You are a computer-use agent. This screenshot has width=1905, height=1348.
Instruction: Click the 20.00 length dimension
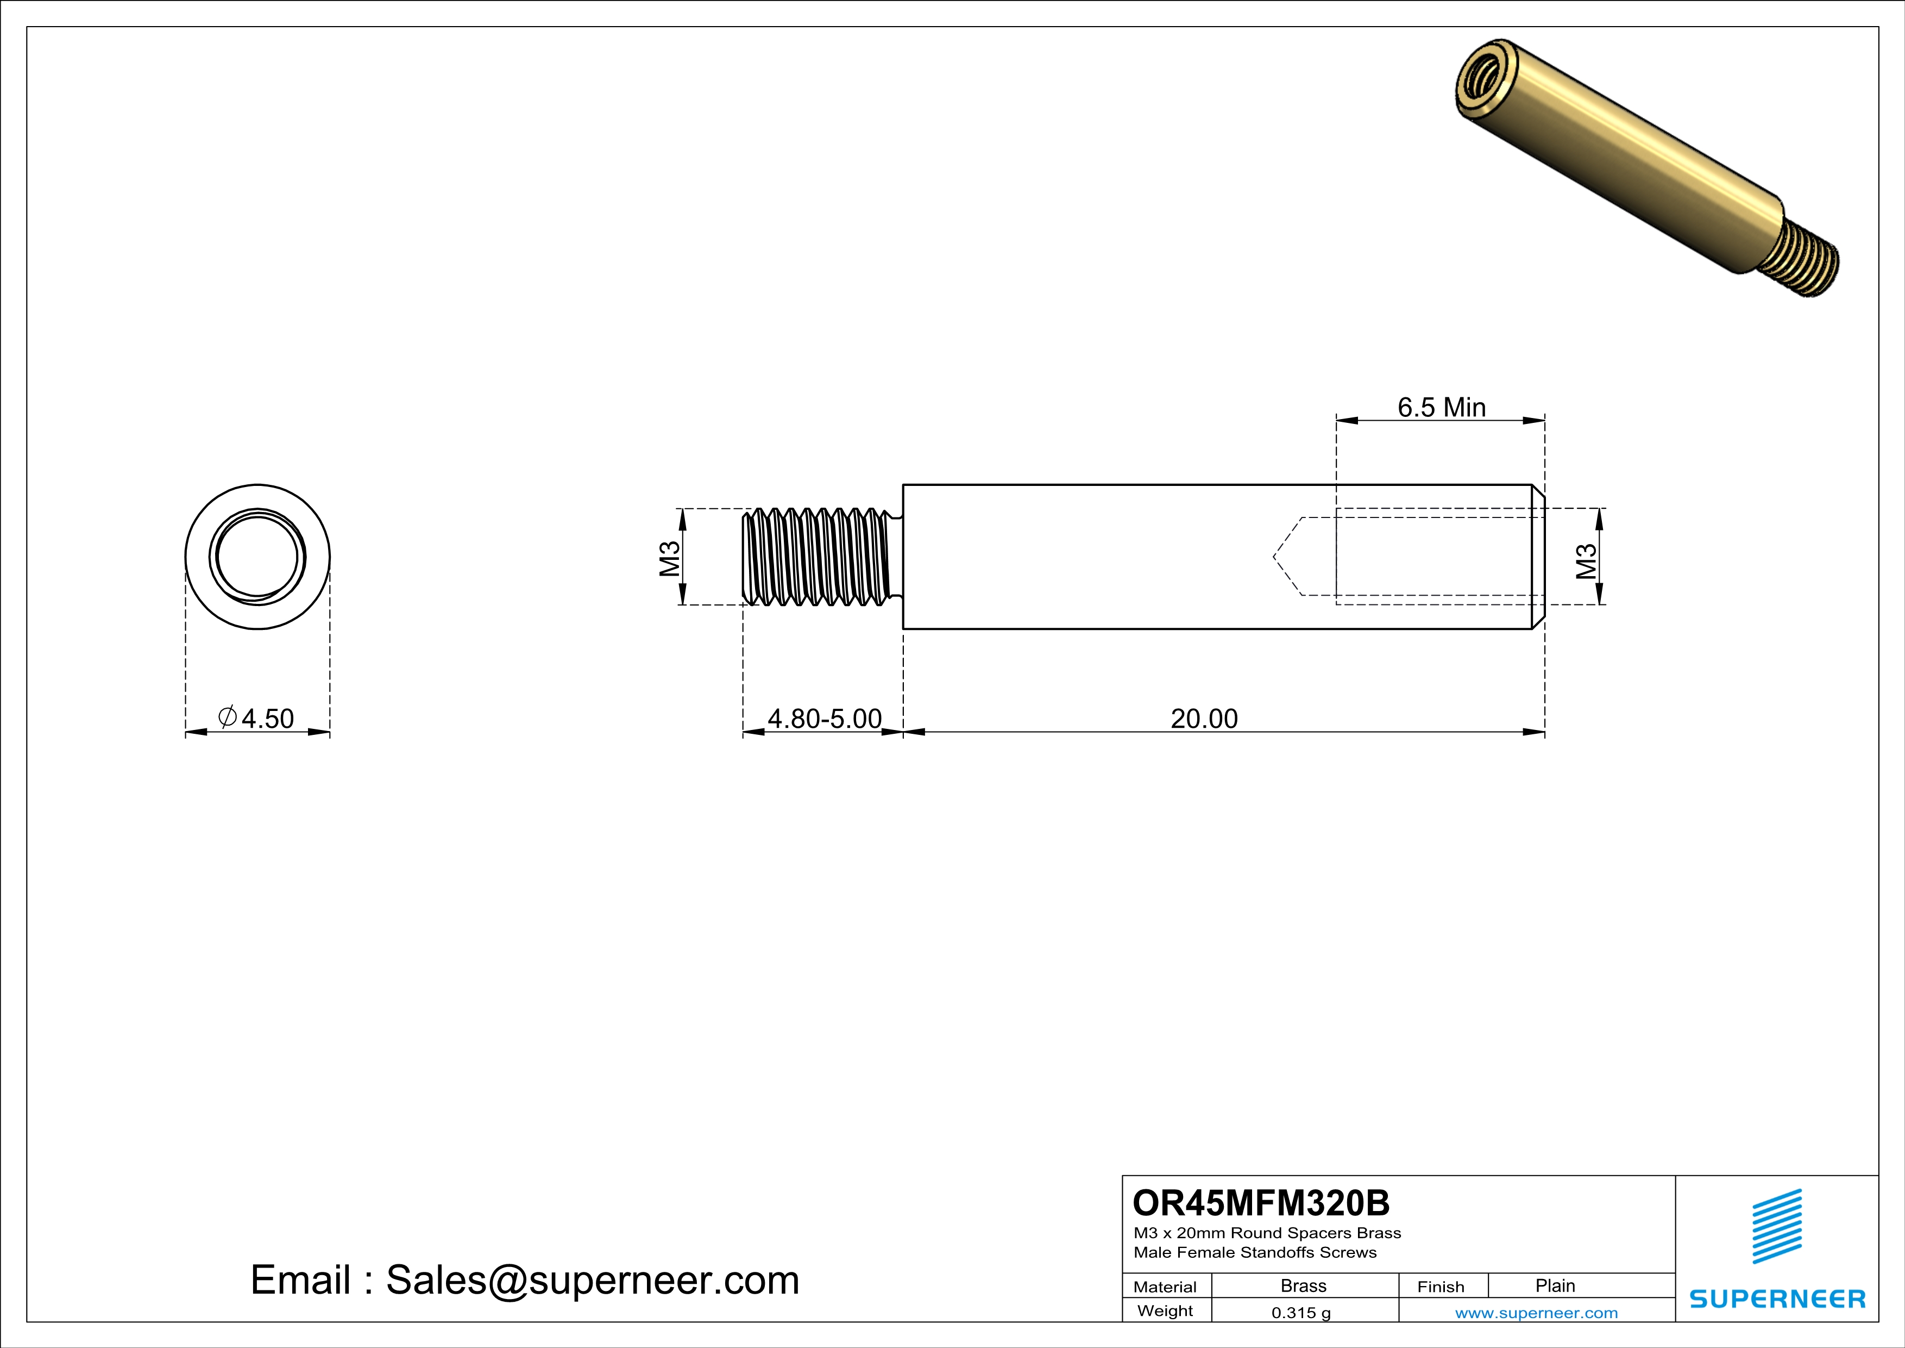(x=1203, y=718)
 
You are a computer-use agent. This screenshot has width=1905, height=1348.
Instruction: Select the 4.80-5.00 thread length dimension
(x=824, y=718)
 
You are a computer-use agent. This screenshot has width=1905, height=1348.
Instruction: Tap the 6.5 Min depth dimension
(x=1441, y=408)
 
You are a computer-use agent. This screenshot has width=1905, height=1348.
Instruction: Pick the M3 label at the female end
(x=1586, y=560)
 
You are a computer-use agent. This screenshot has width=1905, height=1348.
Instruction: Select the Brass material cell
(x=1304, y=1285)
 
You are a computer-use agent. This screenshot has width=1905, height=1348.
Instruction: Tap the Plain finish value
(x=1555, y=1285)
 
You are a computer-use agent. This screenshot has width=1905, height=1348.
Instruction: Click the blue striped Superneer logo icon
(x=1776, y=1226)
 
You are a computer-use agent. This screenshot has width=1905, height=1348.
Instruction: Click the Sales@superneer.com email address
(x=593, y=1280)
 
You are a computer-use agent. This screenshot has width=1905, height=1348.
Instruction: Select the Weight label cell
(x=1165, y=1310)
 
